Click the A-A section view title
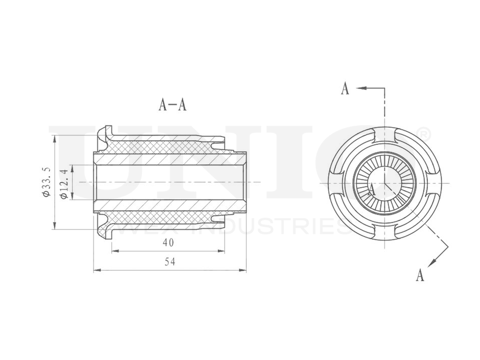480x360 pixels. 172,105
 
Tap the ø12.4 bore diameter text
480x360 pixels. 62,183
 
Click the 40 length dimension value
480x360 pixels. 168,243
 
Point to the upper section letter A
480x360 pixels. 345,89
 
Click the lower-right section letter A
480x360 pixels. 420,275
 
